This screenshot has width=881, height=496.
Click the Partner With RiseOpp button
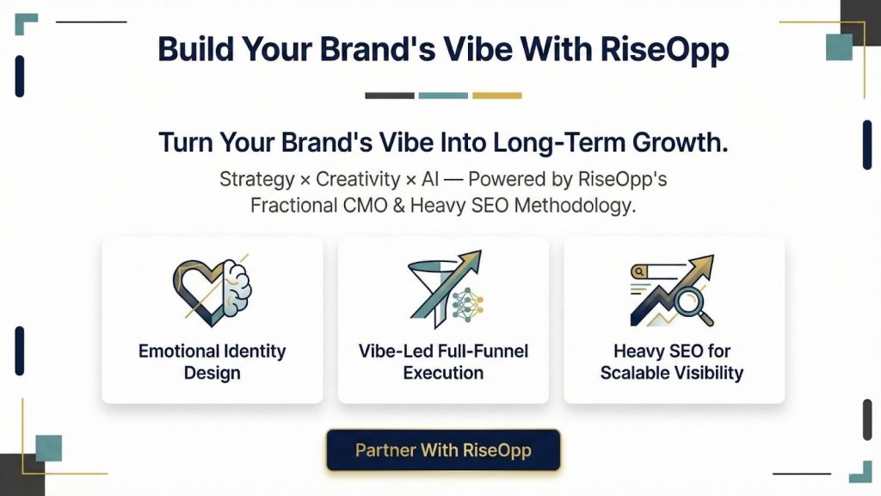pos(443,450)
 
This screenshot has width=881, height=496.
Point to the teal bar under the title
pos(443,96)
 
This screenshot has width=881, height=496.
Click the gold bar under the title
pos(496,96)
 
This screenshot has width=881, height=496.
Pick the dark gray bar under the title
pos(389,96)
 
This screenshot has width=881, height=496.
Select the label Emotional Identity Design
pos(212,362)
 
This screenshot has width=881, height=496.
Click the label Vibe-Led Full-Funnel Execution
pos(443,362)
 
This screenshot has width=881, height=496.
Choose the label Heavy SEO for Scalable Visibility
pos(672,362)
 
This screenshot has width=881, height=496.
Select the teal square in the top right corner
pos(838,46)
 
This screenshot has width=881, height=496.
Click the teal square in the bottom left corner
pos(48,448)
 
